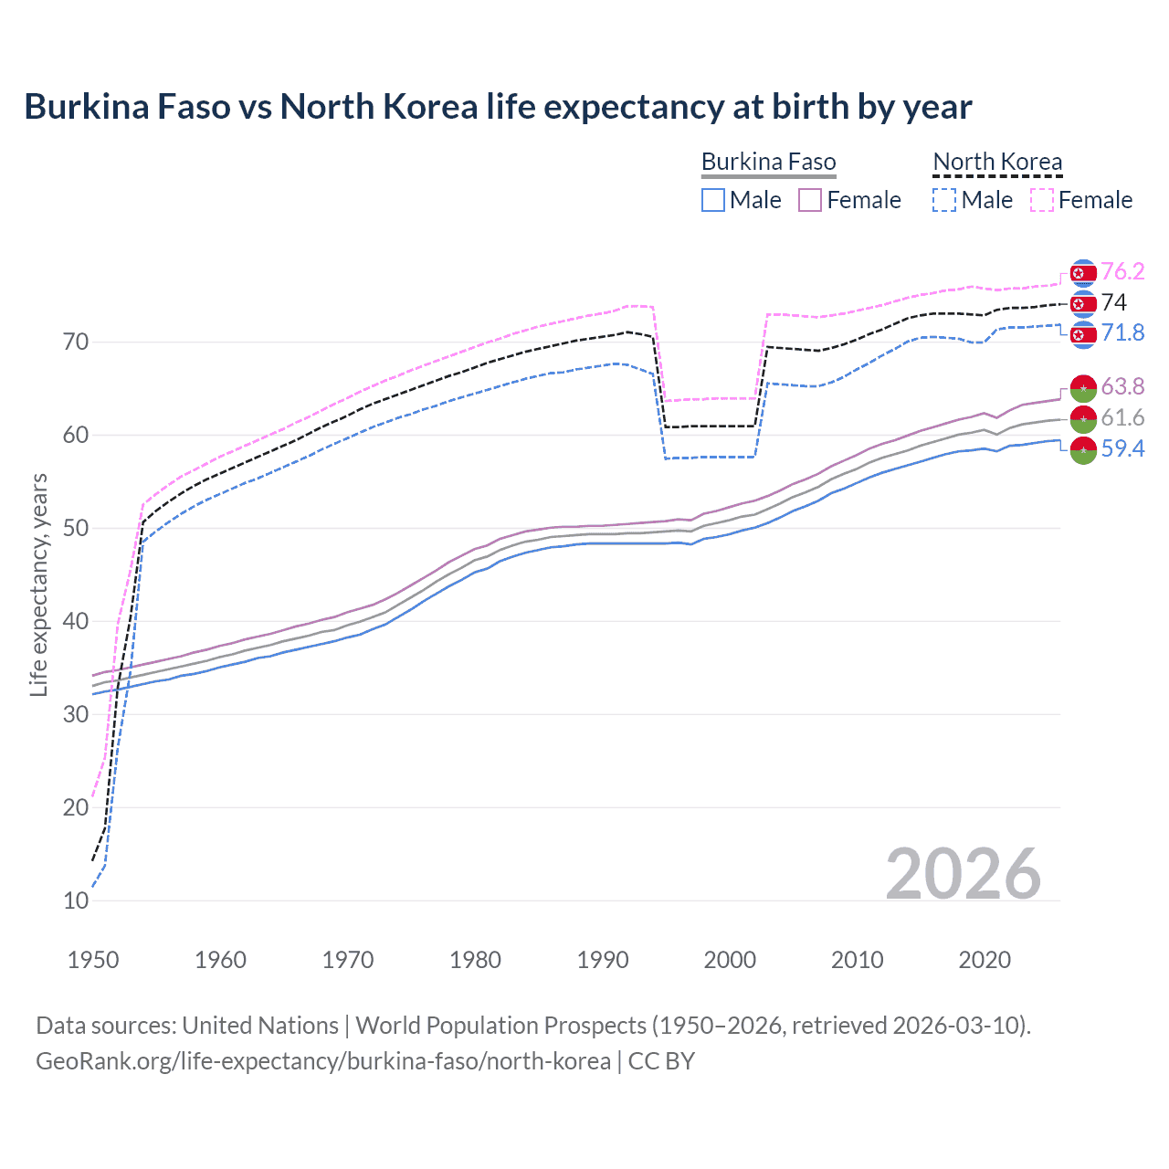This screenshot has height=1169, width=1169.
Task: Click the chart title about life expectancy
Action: click(x=498, y=107)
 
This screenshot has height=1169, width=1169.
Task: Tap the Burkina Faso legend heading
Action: click(x=768, y=162)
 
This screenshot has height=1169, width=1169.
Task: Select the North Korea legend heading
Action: click(x=997, y=162)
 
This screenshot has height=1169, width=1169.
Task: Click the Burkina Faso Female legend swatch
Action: click(x=810, y=200)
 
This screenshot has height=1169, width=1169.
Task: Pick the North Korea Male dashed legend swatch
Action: click(x=944, y=200)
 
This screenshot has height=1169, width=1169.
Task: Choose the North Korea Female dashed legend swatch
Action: click(x=1042, y=200)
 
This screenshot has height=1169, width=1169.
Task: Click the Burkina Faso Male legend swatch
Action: click(x=713, y=200)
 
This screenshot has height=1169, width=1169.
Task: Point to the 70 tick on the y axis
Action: click(x=76, y=342)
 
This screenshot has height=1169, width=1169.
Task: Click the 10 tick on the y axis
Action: click(x=76, y=900)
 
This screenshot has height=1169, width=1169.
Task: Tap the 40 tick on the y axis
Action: click(x=76, y=621)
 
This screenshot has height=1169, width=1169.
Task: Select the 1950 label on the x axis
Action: click(x=93, y=960)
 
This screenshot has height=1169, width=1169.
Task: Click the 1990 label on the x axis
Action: click(x=603, y=960)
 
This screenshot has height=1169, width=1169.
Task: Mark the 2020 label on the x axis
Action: click(x=985, y=960)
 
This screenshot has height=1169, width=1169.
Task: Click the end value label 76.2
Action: click(x=1122, y=272)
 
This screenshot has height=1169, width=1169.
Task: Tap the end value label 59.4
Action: click(x=1122, y=448)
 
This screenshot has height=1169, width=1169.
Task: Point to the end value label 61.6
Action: click(x=1122, y=418)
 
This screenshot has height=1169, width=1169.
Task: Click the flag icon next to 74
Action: click(x=1083, y=303)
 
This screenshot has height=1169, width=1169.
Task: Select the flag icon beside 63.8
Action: click(x=1083, y=387)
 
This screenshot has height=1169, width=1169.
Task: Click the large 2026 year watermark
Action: click(x=964, y=874)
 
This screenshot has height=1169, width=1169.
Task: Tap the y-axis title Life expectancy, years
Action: click(x=38, y=584)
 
